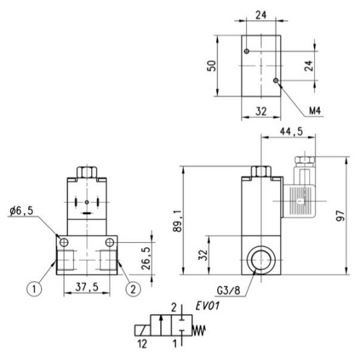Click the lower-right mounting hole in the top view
(x=275, y=81)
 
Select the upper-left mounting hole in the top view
(x=246, y=51)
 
